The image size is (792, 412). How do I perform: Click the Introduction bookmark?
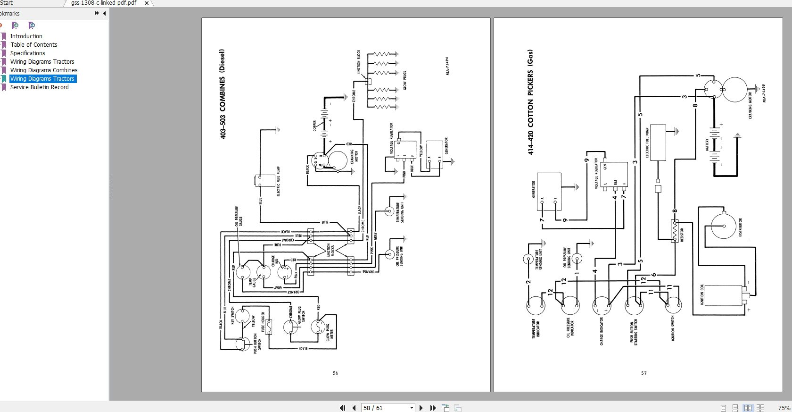pos(26,36)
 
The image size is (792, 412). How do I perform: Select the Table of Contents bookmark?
pos(33,45)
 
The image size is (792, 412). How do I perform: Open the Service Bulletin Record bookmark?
pos(39,87)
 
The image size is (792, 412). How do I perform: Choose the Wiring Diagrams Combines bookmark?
pos(43,70)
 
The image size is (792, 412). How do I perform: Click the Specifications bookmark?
pos(27,53)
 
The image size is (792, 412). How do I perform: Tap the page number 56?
pos(335,373)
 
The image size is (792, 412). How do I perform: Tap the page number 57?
pos(643,373)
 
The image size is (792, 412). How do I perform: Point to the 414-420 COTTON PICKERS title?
pos(530,102)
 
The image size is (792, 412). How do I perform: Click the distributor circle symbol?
pos(723,226)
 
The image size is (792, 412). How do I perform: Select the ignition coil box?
pos(722,295)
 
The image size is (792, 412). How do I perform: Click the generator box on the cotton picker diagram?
pos(549,191)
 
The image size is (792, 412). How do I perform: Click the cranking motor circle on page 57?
pos(734,89)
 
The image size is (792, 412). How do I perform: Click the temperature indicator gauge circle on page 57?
pos(536,306)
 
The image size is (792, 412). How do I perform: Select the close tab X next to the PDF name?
pos(146,3)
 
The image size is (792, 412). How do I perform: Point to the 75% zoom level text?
pos(784,408)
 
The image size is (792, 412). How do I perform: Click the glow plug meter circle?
pos(319,326)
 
